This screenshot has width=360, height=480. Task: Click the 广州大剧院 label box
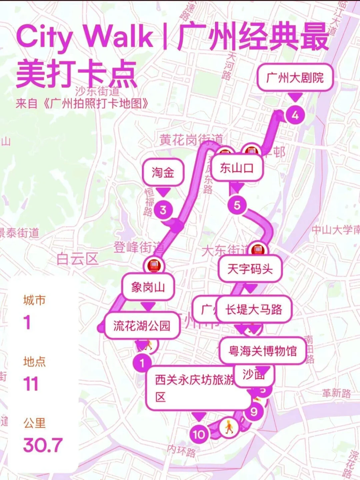point(295,78)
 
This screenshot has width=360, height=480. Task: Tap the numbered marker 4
point(295,115)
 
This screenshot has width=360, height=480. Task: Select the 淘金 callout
point(163,172)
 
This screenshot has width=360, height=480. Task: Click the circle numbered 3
point(163,210)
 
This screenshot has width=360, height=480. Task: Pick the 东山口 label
point(237,168)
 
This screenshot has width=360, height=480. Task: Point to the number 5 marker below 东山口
point(237,205)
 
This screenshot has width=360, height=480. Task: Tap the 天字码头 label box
point(250,269)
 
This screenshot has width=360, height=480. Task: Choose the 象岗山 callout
point(148,287)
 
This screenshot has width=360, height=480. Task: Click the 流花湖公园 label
point(142,326)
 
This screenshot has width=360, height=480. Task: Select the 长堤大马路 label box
point(254,309)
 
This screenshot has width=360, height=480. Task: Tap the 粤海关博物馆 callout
point(263,351)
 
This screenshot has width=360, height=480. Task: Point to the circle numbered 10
point(199,434)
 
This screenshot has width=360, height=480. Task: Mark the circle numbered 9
point(254,412)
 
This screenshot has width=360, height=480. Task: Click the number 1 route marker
point(142,363)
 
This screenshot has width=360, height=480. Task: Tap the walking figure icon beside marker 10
point(229,427)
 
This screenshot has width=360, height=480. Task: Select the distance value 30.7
point(43,445)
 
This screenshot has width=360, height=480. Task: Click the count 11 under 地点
point(31,384)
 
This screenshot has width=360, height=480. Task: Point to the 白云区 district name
point(77,259)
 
